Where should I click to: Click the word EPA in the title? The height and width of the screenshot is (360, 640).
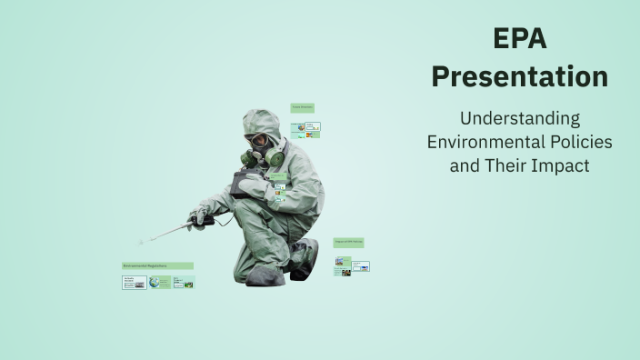coord(520,38)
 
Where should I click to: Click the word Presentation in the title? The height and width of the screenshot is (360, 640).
coord(520,76)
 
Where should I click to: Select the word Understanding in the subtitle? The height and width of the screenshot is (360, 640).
coord(520,118)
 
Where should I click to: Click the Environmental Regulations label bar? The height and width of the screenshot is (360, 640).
coord(157,266)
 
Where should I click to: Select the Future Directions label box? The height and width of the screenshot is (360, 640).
coord(302,108)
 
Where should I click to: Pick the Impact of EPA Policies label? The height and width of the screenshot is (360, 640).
coord(348,243)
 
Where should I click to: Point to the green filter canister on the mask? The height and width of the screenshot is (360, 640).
coord(275,157)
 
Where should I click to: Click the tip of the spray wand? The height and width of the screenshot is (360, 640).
coord(142,242)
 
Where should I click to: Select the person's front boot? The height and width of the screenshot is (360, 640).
coord(265,275)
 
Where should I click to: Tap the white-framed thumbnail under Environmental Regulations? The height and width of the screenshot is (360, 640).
coord(134,282)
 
